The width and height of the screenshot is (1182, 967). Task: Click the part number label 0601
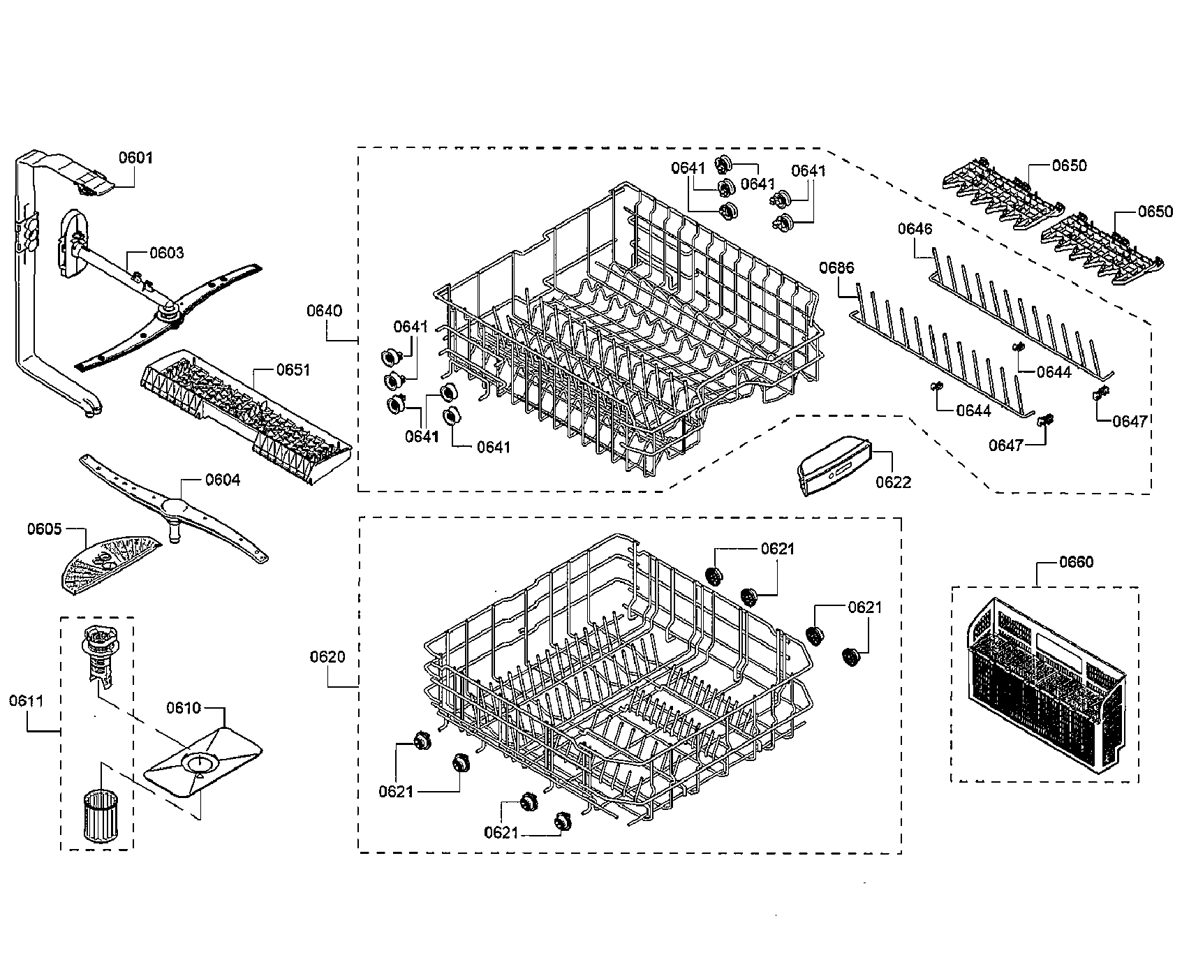point(135,158)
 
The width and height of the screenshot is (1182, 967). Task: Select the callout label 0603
point(166,252)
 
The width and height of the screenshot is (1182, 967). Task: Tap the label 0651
point(293,370)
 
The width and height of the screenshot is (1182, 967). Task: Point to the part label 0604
point(223,480)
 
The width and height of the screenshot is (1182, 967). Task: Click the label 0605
point(45,529)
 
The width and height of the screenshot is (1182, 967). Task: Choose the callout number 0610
point(183,708)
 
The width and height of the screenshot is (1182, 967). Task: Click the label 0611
point(26,700)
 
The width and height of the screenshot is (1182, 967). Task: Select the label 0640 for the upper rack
point(325,311)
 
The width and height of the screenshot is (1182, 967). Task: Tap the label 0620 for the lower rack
point(327,657)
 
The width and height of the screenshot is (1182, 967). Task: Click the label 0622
point(894,482)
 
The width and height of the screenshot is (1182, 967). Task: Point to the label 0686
point(836,267)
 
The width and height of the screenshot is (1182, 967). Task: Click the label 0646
point(915,229)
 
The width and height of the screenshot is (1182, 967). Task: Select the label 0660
point(1076,562)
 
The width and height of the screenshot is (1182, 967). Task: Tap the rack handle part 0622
point(834,464)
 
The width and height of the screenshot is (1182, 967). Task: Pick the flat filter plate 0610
point(202,765)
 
